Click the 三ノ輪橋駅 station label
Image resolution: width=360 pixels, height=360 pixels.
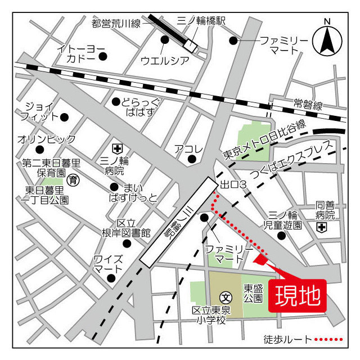[201, 21]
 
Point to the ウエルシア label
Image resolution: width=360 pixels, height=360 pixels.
[164, 60]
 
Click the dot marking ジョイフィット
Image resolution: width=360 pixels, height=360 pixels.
[64, 117]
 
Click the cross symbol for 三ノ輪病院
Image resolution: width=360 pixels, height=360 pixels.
[117, 148]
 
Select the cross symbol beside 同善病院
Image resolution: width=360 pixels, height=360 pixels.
[321, 227]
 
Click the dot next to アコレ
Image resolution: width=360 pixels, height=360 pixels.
[192, 159]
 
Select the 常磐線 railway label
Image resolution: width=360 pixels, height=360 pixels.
[308, 104]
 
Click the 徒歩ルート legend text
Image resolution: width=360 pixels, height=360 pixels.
[287, 340]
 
